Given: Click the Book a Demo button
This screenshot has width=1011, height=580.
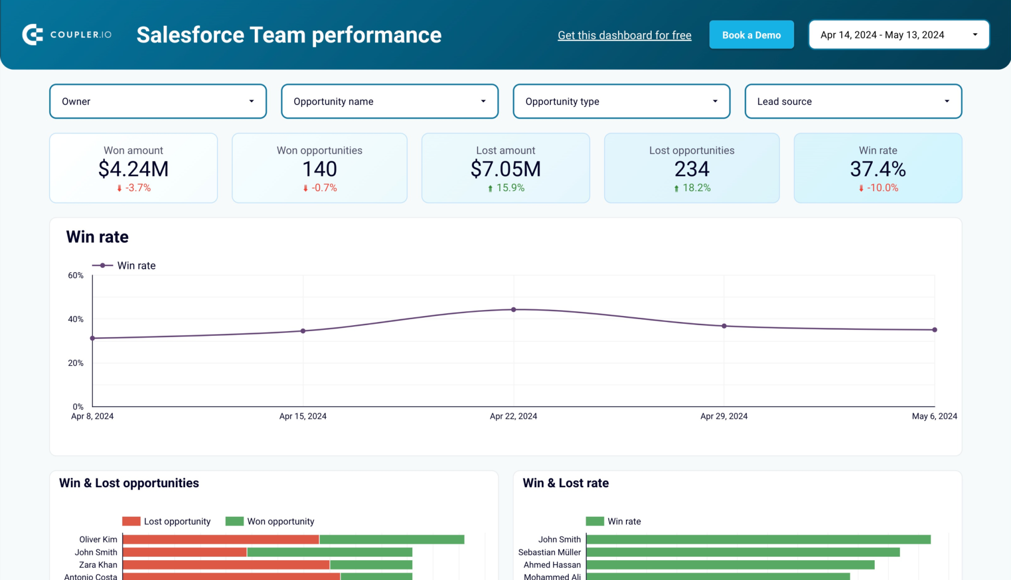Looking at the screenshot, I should tap(751, 35).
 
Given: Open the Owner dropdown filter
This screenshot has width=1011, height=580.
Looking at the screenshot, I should tap(157, 101).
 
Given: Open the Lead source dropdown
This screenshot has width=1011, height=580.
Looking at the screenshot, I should tap(853, 101).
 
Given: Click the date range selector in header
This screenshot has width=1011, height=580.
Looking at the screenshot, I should tap(898, 35).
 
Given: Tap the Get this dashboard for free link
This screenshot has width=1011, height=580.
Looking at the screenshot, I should tap(624, 36).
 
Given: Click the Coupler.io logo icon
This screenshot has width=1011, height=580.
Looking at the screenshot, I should tap(33, 35).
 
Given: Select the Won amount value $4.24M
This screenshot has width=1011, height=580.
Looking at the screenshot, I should tap(133, 169).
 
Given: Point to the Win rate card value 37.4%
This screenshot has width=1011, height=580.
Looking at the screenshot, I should tap(877, 169).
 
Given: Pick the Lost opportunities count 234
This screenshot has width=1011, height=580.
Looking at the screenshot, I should tap(691, 169).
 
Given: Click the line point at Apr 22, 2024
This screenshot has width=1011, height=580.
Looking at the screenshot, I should tap(513, 310).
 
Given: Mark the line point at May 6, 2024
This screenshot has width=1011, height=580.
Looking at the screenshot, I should tap(934, 330).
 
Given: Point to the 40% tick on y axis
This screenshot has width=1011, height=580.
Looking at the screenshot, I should tap(76, 319).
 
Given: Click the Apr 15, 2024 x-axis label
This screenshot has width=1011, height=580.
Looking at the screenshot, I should tap(303, 416).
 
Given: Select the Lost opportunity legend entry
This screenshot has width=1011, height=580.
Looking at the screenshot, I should tap(166, 521).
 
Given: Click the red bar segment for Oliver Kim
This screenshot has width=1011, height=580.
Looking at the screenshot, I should tap(220, 539).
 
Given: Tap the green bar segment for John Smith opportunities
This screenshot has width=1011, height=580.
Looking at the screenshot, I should tap(329, 552).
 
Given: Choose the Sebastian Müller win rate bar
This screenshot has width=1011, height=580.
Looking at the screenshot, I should tap(742, 552).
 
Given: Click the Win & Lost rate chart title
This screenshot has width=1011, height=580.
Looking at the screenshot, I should tap(565, 483).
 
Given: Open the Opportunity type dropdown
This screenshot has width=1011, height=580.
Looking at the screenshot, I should tap(621, 101).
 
